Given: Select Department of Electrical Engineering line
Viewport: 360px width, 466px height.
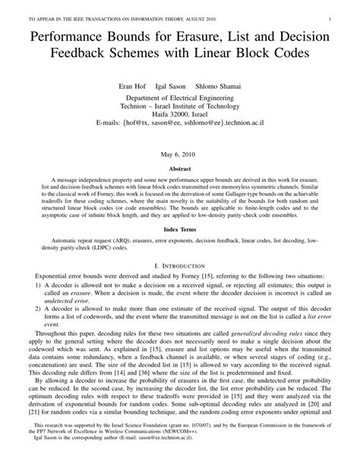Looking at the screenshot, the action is click(x=179, y=99).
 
